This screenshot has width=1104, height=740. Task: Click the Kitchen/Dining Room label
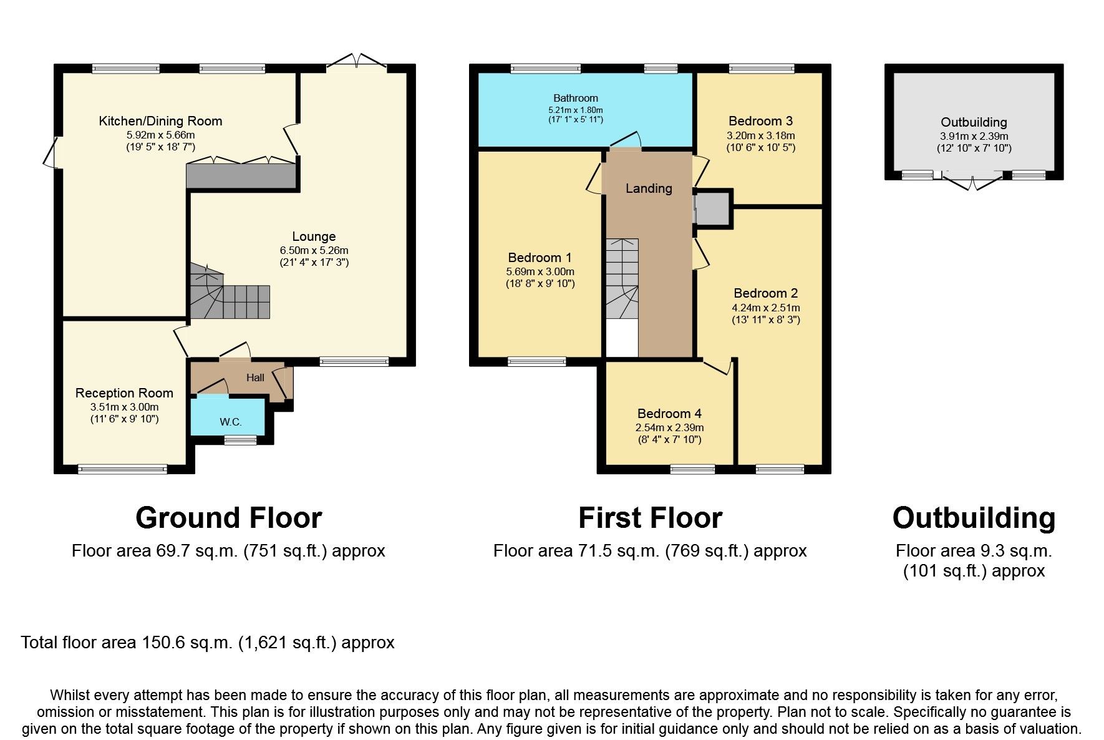(x=160, y=121)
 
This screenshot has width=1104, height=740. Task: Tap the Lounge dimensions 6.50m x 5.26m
(x=314, y=250)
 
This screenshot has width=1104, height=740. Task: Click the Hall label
(x=255, y=377)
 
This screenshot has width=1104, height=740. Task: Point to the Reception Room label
(x=124, y=393)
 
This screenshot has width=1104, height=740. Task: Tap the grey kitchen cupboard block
(x=241, y=176)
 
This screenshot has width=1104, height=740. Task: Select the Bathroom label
(x=575, y=98)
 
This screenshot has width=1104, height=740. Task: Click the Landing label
(x=649, y=188)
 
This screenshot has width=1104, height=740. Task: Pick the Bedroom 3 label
(x=760, y=121)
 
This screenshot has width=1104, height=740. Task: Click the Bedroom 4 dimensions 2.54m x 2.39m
(x=669, y=428)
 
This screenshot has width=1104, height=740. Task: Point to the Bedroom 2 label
(x=765, y=293)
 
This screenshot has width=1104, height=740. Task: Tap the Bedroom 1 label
(x=540, y=258)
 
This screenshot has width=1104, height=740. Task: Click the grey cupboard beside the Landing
(x=712, y=208)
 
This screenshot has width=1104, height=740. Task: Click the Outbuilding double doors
(x=973, y=182)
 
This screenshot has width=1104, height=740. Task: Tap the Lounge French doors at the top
(x=357, y=62)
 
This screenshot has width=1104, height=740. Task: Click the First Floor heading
(x=650, y=518)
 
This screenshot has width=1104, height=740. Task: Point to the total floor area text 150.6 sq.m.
(x=207, y=643)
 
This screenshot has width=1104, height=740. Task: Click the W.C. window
(x=236, y=441)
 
